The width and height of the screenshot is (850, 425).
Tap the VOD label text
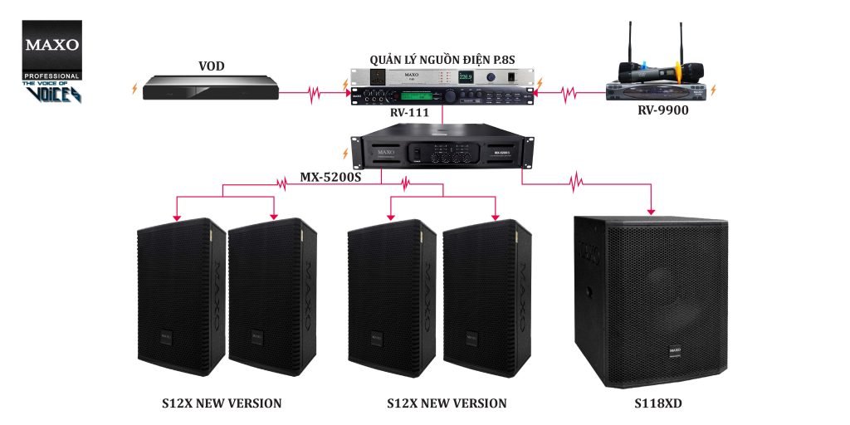pyautogui.click(x=212, y=66)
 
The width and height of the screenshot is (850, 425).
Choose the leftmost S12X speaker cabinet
pyautogui.click(x=181, y=295)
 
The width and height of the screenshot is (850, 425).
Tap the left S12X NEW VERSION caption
pyautogui.click(x=222, y=404)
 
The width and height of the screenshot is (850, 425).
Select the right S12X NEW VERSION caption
pyautogui.click(x=447, y=404)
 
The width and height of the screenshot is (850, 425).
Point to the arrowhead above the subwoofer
pyautogui.click(x=652, y=211)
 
